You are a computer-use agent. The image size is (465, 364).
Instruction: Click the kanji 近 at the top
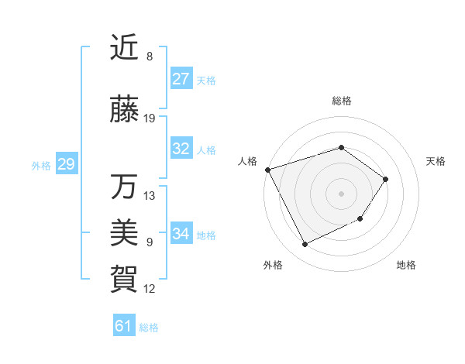(x=124, y=48)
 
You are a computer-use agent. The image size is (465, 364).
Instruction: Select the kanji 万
(x=124, y=187)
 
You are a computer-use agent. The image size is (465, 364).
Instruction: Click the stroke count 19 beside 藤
(x=150, y=118)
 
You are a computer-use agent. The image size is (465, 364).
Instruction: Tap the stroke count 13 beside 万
(x=150, y=195)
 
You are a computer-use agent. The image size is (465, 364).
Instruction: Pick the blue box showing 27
(x=181, y=79)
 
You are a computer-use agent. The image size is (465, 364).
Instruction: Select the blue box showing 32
(x=181, y=149)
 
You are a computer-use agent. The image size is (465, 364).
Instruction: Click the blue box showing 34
(x=181, y=234)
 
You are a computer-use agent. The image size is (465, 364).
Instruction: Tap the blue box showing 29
(x=66, y=164)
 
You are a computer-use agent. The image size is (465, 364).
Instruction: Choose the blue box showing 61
(x=123, y=326)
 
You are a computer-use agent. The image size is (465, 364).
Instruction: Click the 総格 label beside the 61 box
(x=149, y=328)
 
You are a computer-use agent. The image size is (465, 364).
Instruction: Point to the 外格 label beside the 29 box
(x=41, y=165)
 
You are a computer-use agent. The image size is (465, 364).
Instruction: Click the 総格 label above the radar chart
(x=341, y=101)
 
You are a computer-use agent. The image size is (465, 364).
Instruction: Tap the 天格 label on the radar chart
(x=436, y=161)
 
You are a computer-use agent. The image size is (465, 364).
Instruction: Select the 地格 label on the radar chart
(x=406, y=265)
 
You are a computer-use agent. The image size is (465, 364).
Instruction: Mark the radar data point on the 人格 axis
(x=267, y=169)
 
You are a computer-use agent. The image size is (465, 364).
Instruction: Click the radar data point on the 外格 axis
(x=305, y=245)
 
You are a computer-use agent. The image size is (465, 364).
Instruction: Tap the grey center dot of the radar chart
(x=341, y=193)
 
